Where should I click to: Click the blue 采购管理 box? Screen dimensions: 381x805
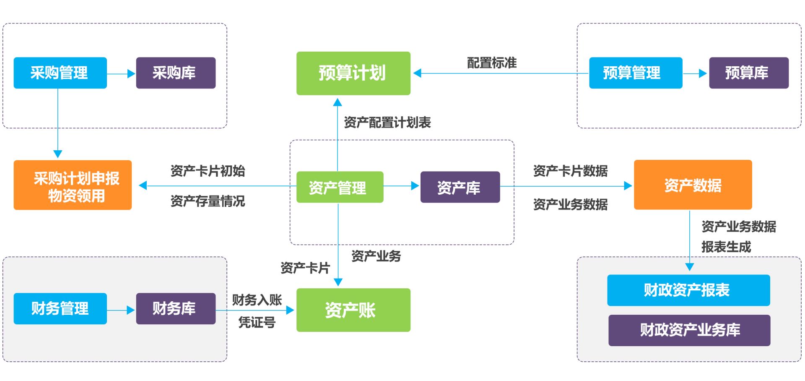click(60, 73)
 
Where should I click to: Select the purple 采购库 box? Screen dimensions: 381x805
click(176, 73)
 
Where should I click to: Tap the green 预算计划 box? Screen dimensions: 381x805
click(353, 73)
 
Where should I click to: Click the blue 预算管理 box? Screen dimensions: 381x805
click(635, 73)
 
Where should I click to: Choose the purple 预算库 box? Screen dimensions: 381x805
click(748, 73)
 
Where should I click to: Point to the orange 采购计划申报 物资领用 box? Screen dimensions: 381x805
click(73, 185)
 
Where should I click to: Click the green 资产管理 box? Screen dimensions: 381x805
click(340, 187)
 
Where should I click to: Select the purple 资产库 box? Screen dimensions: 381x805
click(460, 187)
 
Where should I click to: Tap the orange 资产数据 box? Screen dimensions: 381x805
click(693, 185)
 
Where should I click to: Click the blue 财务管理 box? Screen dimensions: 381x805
click(60, 308)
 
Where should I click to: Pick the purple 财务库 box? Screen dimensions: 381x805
click(176, 308)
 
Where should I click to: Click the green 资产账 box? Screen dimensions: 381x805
click(353, 310)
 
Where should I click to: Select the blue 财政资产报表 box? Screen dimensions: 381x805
click(688, 290)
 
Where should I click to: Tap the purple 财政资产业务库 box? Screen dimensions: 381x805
click(689, 330)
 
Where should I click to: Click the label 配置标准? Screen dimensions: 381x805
click(492, 63)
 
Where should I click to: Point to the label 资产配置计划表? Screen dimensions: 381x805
click(387, 123)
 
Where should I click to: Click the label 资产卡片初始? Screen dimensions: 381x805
click(208, 171)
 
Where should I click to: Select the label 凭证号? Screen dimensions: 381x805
click(257, 322)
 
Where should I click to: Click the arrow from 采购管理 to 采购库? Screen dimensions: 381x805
click(121, 74)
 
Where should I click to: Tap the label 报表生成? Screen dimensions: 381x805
click(726, 247)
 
